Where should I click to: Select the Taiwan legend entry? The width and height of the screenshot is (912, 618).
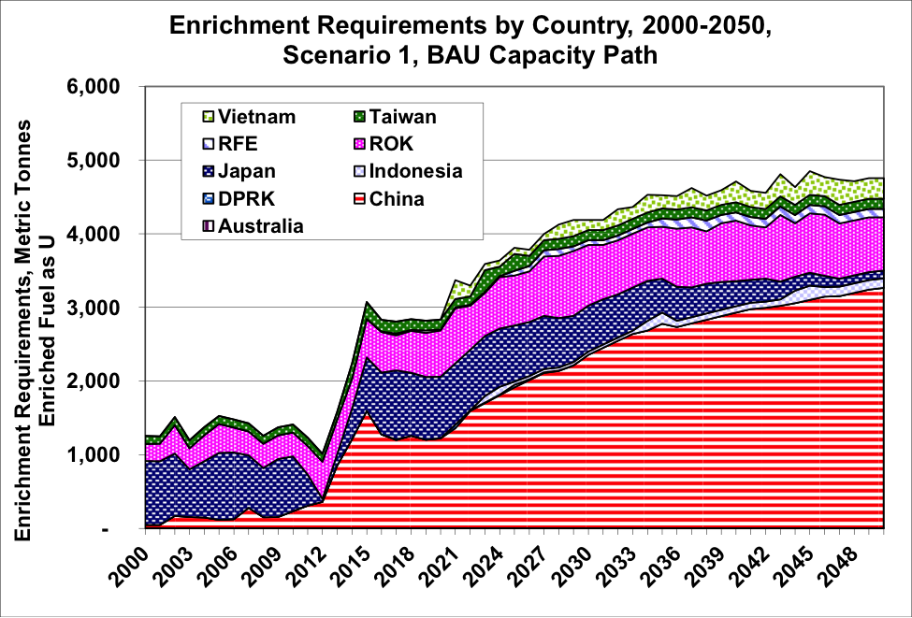[402, 117]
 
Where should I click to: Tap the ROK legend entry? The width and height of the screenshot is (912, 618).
[393, 144]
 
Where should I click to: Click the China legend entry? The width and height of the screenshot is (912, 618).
[396, 198]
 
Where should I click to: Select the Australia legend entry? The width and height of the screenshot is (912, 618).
[261, 225]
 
